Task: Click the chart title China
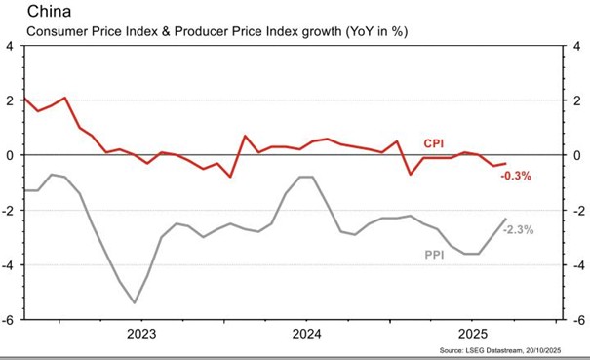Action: coord(49,11)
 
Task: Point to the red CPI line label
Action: coord(434,143)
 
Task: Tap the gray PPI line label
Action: coord(434,255)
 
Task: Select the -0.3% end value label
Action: coord(516,176)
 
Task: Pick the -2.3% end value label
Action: coord(519,229)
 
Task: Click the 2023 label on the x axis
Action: coord(141,334)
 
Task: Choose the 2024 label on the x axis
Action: coord(306,334)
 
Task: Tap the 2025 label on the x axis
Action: coord(473,334)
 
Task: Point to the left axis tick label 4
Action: coord(9,47)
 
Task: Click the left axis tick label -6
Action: coord(7,320)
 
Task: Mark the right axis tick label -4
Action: coord(579,266)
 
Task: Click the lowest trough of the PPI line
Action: coord(135,302)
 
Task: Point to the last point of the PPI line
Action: coord(506,219)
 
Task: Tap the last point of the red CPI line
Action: coord(506,164)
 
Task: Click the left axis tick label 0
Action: coord(9,156)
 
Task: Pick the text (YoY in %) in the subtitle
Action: coord(376,31)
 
